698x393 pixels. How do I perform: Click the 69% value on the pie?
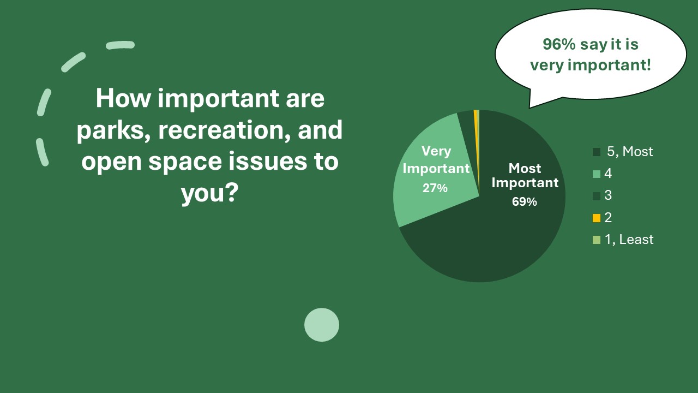pyautogui.click(x=525, y=202)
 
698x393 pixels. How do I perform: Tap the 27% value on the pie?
pyautogui.click(x=435, y=188)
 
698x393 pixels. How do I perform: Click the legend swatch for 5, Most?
pyautogui.click(x=597, y=152)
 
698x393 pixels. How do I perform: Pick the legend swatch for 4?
pyautogui.click(x=597, y=174)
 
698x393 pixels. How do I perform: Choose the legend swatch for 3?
pyautogui.click(x=597, y=196)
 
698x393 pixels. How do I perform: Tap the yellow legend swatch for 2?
pyautogui.click(x=597, y=218)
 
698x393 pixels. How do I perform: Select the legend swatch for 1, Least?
pyautogui.click(x=597, y=240)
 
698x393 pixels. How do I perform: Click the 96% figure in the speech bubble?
pyautogui.click(x=559, y=44)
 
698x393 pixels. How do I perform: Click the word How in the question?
pyautogui.click(x=123, y=98)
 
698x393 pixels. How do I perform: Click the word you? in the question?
pyautogui.click(x=210, y=193)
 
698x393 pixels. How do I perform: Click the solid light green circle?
pyautogui.click(x=322, y=325)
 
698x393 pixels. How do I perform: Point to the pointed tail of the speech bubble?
pyautogui.click(x=529, y=108)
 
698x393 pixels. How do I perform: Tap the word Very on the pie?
pyautogui.click(x=436, y=151)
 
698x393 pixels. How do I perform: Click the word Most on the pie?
pyautogui.click(x=525, y=169)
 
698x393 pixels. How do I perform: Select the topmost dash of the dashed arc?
pyautogui.click(x=121, y=45)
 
